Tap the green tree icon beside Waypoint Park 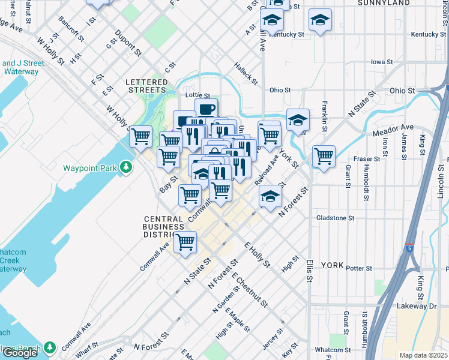tap(125, 167)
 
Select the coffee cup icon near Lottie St tap(206, 109)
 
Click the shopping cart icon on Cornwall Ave tap(185, 242)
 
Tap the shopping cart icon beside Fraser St tap(324, 156)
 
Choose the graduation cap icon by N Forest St tap(270, 196)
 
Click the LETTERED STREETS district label tap(146, 86)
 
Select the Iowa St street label tap(381, 62)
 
